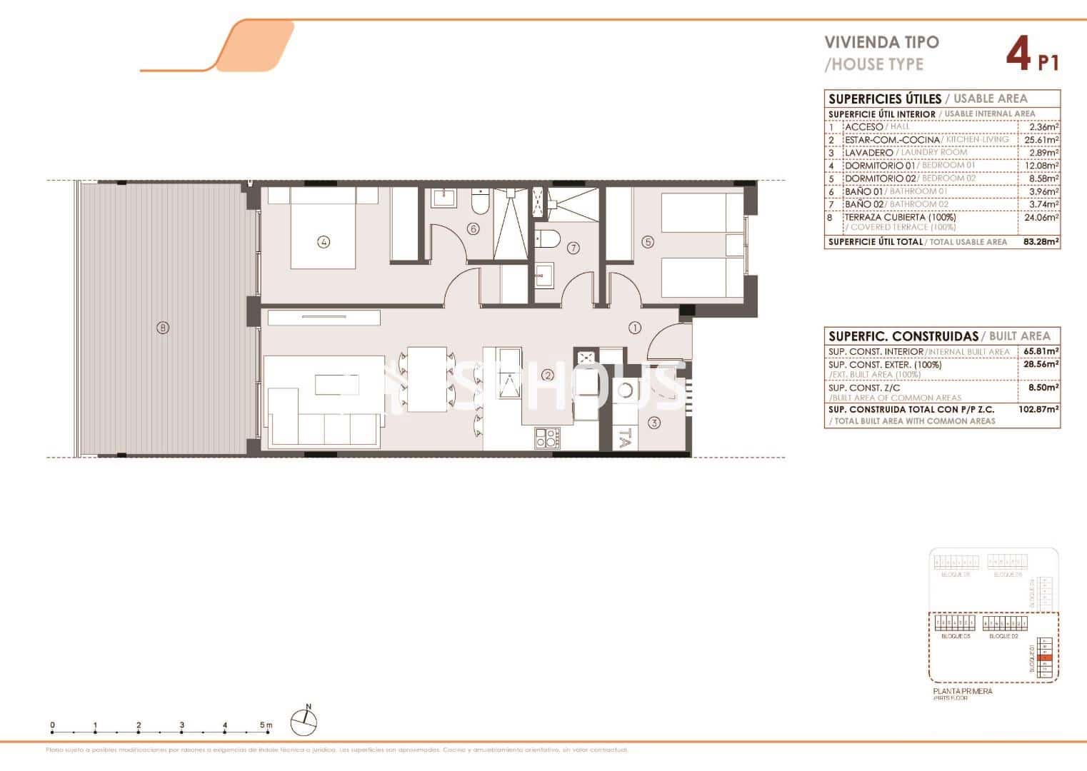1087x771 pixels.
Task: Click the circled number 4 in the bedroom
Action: (x=324, y=242)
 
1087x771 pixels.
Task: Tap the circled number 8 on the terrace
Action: (x=163, y=328)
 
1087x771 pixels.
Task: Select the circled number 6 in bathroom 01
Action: (x=472, y=229)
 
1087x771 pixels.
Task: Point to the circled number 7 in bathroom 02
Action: (x=573, y=248)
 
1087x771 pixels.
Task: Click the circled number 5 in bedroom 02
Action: (x=648, y=242)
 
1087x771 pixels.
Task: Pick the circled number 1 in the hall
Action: (x=634, y=328)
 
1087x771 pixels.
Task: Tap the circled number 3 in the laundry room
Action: (x=654, y=423)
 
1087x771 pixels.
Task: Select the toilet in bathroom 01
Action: (x=480, y=204)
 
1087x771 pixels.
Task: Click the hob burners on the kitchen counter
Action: (x=546, y=438)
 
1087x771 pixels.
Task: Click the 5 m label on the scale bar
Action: (x=266, y=725)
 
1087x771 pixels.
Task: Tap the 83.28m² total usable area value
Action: (x=1041, y=242)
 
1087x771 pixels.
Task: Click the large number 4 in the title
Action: (x=1018, y=54)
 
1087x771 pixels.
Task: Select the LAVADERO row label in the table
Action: (x=868, y=153)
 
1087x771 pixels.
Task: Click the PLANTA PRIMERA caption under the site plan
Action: (x=962, y=691)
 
